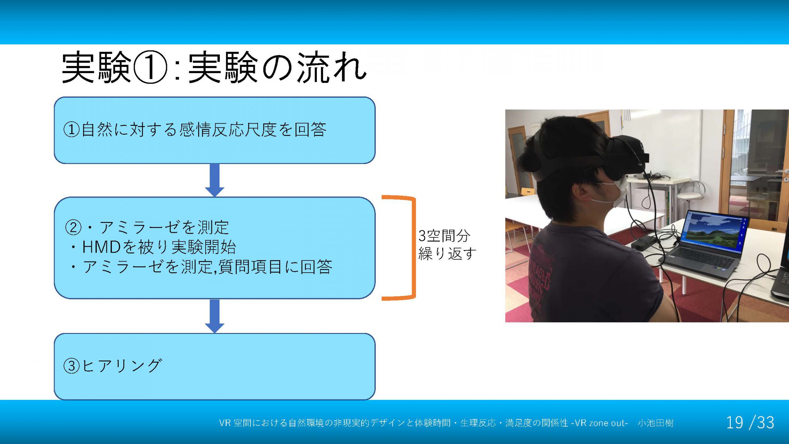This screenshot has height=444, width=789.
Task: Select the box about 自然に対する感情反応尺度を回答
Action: [x=215, y=130]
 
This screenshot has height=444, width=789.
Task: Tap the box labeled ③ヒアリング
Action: [x=215, y=366]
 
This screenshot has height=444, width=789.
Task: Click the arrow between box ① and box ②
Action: [x=215, y=180]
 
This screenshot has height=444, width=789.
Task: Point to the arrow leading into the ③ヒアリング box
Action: [x=215, y=316]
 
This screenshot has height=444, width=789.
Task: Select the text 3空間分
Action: [x=444, y=236]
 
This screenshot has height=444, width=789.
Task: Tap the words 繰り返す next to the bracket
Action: [x=447, y=254]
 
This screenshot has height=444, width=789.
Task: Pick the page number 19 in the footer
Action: [x=734, y=422]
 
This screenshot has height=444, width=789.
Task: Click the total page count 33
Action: [x=766, y=422]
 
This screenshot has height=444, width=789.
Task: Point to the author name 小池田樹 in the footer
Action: [x=656, y=423]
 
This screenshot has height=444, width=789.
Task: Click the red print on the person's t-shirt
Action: [x=541, y=276]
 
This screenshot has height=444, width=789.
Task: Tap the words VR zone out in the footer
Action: [x=600, y=423]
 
